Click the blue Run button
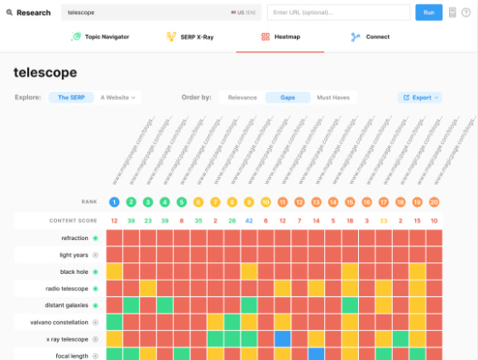pyautogui.click(x=428, y=12)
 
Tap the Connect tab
pyautogui.click(x=370, y=37)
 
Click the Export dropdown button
pyautogui.click(x=421, y=98)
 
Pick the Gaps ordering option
pyautogui.click(x=288, y=98)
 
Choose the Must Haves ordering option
pyautogui.click(x=334, y=98)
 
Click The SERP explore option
pyautogui.click(x=70, y=98)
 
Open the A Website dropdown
pyautogui.click(x=118, y=98)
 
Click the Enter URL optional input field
pyautogui.click(x=338, y=12)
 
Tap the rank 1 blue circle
pyautogui.click(x=114, y=202)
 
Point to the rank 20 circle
pyautogui.click(x=434, y=202)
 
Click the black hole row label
pyautogui.click(x=74, y=271)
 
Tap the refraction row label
pyautogui.click(x=74, y=238)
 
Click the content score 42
pyautogui.click(x=249, y=220)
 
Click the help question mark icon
pyautogui.click(x=466, y=12)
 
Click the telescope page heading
pyautogui.click(x=45, y=72)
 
